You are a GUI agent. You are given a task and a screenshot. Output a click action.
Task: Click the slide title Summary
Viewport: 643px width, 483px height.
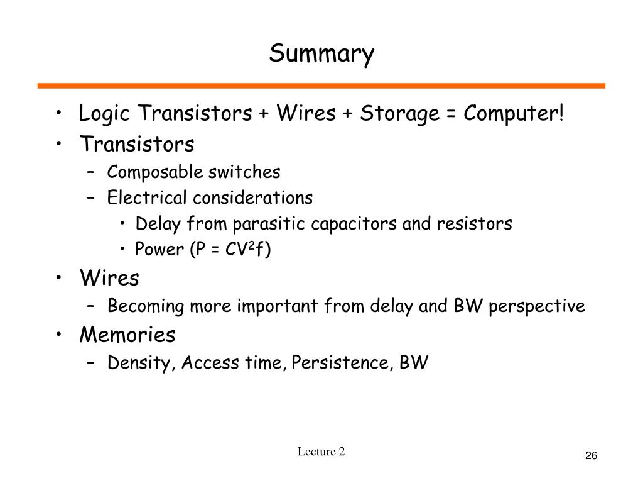321,54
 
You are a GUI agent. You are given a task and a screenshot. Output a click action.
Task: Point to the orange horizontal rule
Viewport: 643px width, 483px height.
321,86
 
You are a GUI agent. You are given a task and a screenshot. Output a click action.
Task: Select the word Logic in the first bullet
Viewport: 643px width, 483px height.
104,113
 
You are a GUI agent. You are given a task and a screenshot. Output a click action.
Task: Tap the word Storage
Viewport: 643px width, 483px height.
399,113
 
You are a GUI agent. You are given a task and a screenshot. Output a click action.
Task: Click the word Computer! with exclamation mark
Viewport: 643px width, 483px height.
514,113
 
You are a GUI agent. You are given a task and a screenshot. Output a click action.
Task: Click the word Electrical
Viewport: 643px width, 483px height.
147,197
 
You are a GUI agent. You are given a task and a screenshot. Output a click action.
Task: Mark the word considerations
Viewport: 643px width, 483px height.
252,197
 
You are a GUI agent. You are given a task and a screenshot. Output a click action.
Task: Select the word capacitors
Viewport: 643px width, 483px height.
354,225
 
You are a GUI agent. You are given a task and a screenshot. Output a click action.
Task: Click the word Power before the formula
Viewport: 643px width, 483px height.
159,249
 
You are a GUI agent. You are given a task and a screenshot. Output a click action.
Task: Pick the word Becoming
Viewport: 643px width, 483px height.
146,306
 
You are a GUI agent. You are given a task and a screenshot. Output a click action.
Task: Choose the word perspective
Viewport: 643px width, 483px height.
537,306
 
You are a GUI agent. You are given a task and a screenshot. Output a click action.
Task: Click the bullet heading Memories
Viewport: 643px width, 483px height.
127,335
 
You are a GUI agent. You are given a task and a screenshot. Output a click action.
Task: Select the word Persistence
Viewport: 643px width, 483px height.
340,362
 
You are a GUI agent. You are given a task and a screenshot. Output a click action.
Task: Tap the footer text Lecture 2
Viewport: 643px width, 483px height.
321,452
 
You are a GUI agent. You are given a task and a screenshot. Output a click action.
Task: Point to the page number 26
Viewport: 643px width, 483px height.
591,455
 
